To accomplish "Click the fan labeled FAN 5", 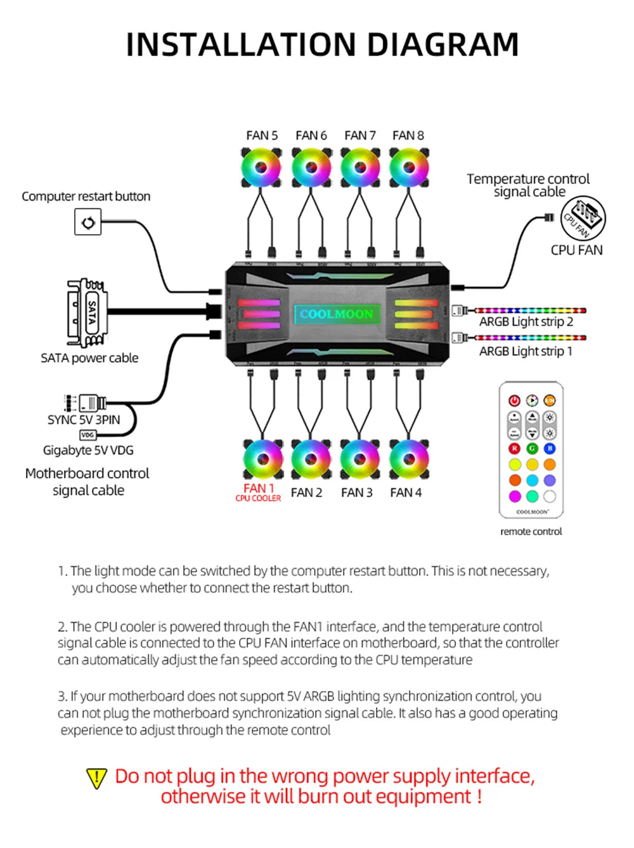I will tap(261, 168).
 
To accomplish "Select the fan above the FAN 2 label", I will tap(311, 459).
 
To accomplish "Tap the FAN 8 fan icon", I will tap(409, 168).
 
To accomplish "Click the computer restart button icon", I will tap(88, 223).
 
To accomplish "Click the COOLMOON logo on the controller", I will tap(337, 314).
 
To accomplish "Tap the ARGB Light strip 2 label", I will tap(526, 322).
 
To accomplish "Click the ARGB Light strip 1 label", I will tap(526, 352).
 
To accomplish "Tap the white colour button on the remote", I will tap(550, 496).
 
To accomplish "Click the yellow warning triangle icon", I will tap(96, 778).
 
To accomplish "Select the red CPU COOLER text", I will tap(258, 499).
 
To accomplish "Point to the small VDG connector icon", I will tap(87, 435).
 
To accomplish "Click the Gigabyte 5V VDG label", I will tap(88, 451).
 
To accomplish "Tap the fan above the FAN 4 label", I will tap(409, 459).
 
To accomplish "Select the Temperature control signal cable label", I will tap(528, 185).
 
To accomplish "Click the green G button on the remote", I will tap(532, 449).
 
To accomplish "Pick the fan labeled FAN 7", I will tap(360, 168).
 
